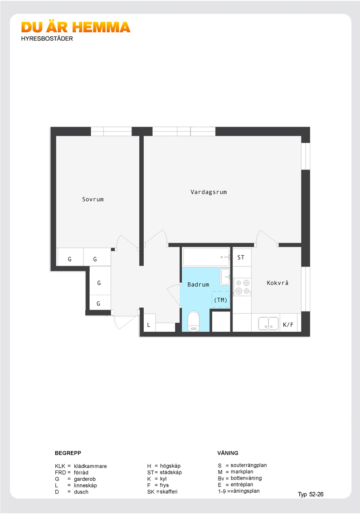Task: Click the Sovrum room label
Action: (93, 199)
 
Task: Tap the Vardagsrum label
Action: (209, 192)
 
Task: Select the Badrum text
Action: (198, 285)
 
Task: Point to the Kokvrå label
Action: (277, 283)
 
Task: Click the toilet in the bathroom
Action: (194, 321)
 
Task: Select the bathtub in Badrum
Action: (206, 257)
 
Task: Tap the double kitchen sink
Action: (268, 324)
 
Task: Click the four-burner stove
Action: (242, 287)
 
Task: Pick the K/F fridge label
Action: (288, 325)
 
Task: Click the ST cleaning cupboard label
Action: (241, 257)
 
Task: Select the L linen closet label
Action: (148, 325)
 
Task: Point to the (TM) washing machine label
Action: (220, 300)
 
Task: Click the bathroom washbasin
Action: (225, 276)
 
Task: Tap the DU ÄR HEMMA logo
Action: (76, 27)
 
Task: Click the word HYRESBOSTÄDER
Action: (47, 39)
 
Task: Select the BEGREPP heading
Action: (68, 453)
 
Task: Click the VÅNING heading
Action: (228, 453)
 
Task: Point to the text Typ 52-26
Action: (311, 495)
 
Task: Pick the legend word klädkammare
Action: (90, 466)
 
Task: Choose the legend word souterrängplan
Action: (248, 465)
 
